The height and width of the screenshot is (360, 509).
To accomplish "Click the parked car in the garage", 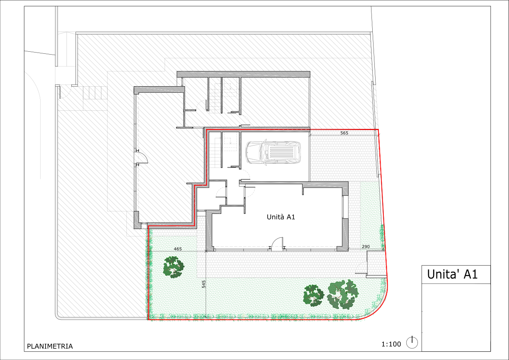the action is [273, 153].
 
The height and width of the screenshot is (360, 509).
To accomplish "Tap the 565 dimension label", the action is [344, 133].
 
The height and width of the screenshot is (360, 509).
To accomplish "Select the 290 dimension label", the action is [366, 247].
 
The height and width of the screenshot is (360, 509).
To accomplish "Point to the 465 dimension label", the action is [178, 249].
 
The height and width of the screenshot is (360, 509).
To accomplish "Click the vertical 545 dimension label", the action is [204, 284].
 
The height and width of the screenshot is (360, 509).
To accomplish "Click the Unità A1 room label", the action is [281, 217].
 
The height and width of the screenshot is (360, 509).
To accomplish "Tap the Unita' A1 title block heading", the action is [452, 274].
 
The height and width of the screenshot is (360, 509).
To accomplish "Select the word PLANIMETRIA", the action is [50, 346].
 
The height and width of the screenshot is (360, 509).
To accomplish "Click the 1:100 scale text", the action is [391, 344].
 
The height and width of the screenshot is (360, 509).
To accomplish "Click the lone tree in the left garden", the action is [174, 267].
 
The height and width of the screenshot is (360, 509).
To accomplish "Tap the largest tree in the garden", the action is [343, 295].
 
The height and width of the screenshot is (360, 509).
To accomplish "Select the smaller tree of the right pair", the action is [314, 296].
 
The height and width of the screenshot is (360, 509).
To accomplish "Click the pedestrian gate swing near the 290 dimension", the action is [361, 267].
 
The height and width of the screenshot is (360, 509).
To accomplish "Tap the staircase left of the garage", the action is [215, 152].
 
